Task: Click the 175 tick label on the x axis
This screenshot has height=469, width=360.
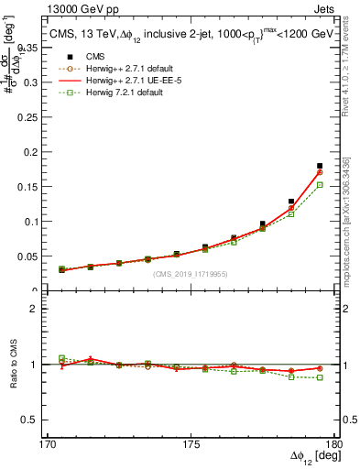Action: pos(190,444)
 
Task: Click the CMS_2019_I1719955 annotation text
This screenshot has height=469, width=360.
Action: pos(190,273)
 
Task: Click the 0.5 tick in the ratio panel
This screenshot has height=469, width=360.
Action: pos(34,420)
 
